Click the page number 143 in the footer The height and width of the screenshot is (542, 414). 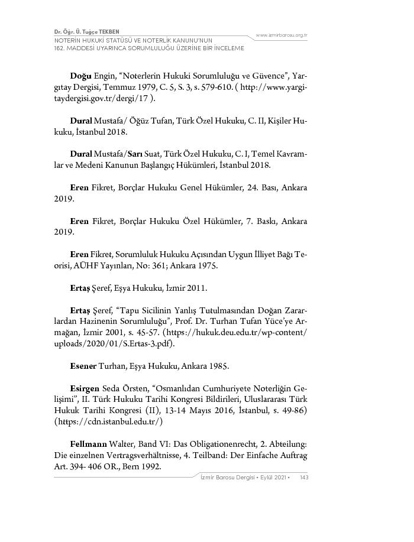click(304, 477)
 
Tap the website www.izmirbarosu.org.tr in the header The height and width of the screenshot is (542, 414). click(281, 35)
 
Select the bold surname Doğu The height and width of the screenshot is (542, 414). click(80, 77)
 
